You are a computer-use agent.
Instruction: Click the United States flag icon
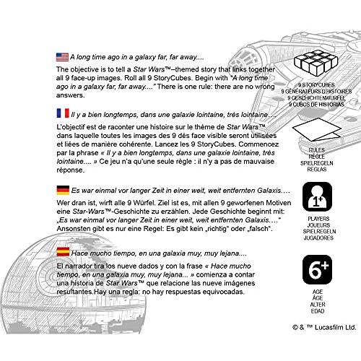62,57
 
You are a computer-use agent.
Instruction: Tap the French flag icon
63,113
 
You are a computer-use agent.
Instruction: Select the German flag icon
63,190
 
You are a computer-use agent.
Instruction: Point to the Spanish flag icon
63,252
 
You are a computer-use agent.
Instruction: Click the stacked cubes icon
316,61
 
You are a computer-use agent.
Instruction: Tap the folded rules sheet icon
317,130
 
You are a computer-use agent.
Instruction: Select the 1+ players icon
317,196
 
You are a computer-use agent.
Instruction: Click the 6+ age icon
317,269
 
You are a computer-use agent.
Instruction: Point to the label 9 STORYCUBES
316,85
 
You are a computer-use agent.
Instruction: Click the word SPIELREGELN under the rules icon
317,163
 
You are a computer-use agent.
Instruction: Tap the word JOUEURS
318,225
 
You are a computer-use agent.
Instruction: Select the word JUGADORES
318,238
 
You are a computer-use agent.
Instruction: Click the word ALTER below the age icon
318,305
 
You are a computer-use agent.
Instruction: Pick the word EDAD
318,311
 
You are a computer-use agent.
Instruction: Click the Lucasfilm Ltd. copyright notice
324,327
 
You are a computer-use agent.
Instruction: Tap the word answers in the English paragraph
70,95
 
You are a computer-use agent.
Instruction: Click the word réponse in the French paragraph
71,170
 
